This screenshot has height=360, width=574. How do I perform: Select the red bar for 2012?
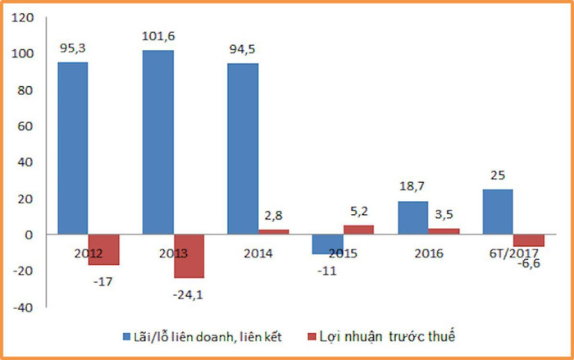tap(103, 249)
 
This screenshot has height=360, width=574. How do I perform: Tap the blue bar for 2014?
tap(243, 148)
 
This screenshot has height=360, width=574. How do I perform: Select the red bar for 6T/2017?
tap(529, 240)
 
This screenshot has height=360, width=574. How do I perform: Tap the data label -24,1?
tap(189, 292)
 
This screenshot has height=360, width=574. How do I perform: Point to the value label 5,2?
tap(358, 212)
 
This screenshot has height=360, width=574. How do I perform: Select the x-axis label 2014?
tap(258, 253)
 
